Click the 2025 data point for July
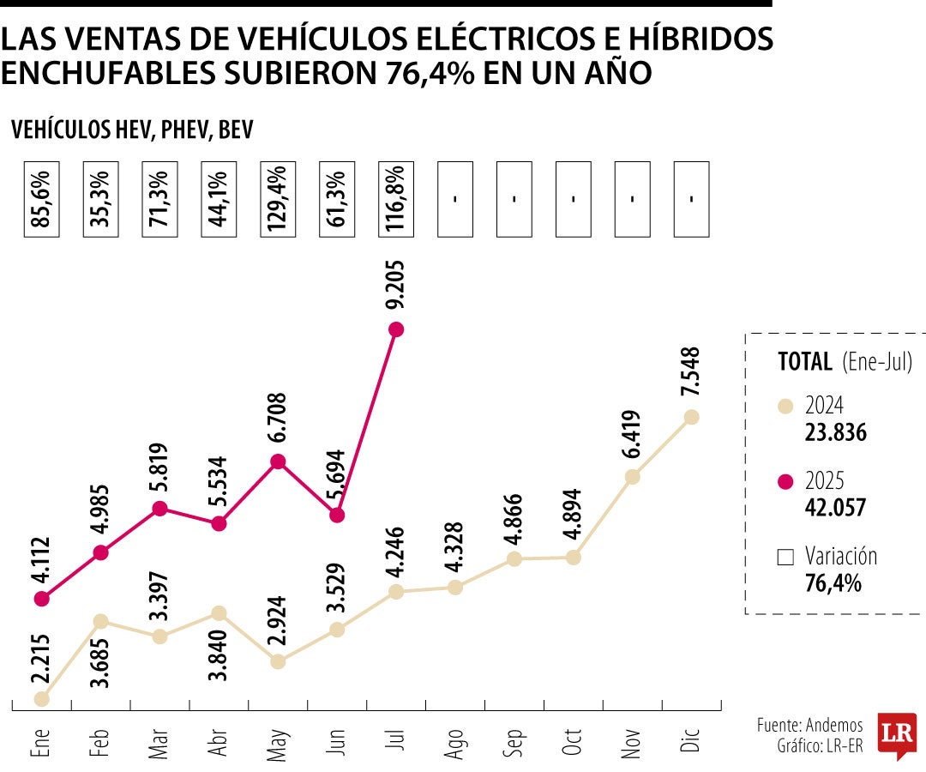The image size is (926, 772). [396, 329]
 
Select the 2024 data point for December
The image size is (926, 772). [692, 417]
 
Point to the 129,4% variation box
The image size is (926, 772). [277, 199]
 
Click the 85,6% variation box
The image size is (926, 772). [41, 199]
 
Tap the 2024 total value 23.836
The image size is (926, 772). [835, 433]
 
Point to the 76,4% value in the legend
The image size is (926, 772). [833, 584]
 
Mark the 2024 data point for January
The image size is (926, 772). [41, 699]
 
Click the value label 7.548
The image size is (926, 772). [692, 371]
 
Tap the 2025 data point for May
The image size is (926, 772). [277, 462]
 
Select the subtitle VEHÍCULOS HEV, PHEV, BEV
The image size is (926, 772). [133, 130]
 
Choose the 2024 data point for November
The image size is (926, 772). [632, 477]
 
